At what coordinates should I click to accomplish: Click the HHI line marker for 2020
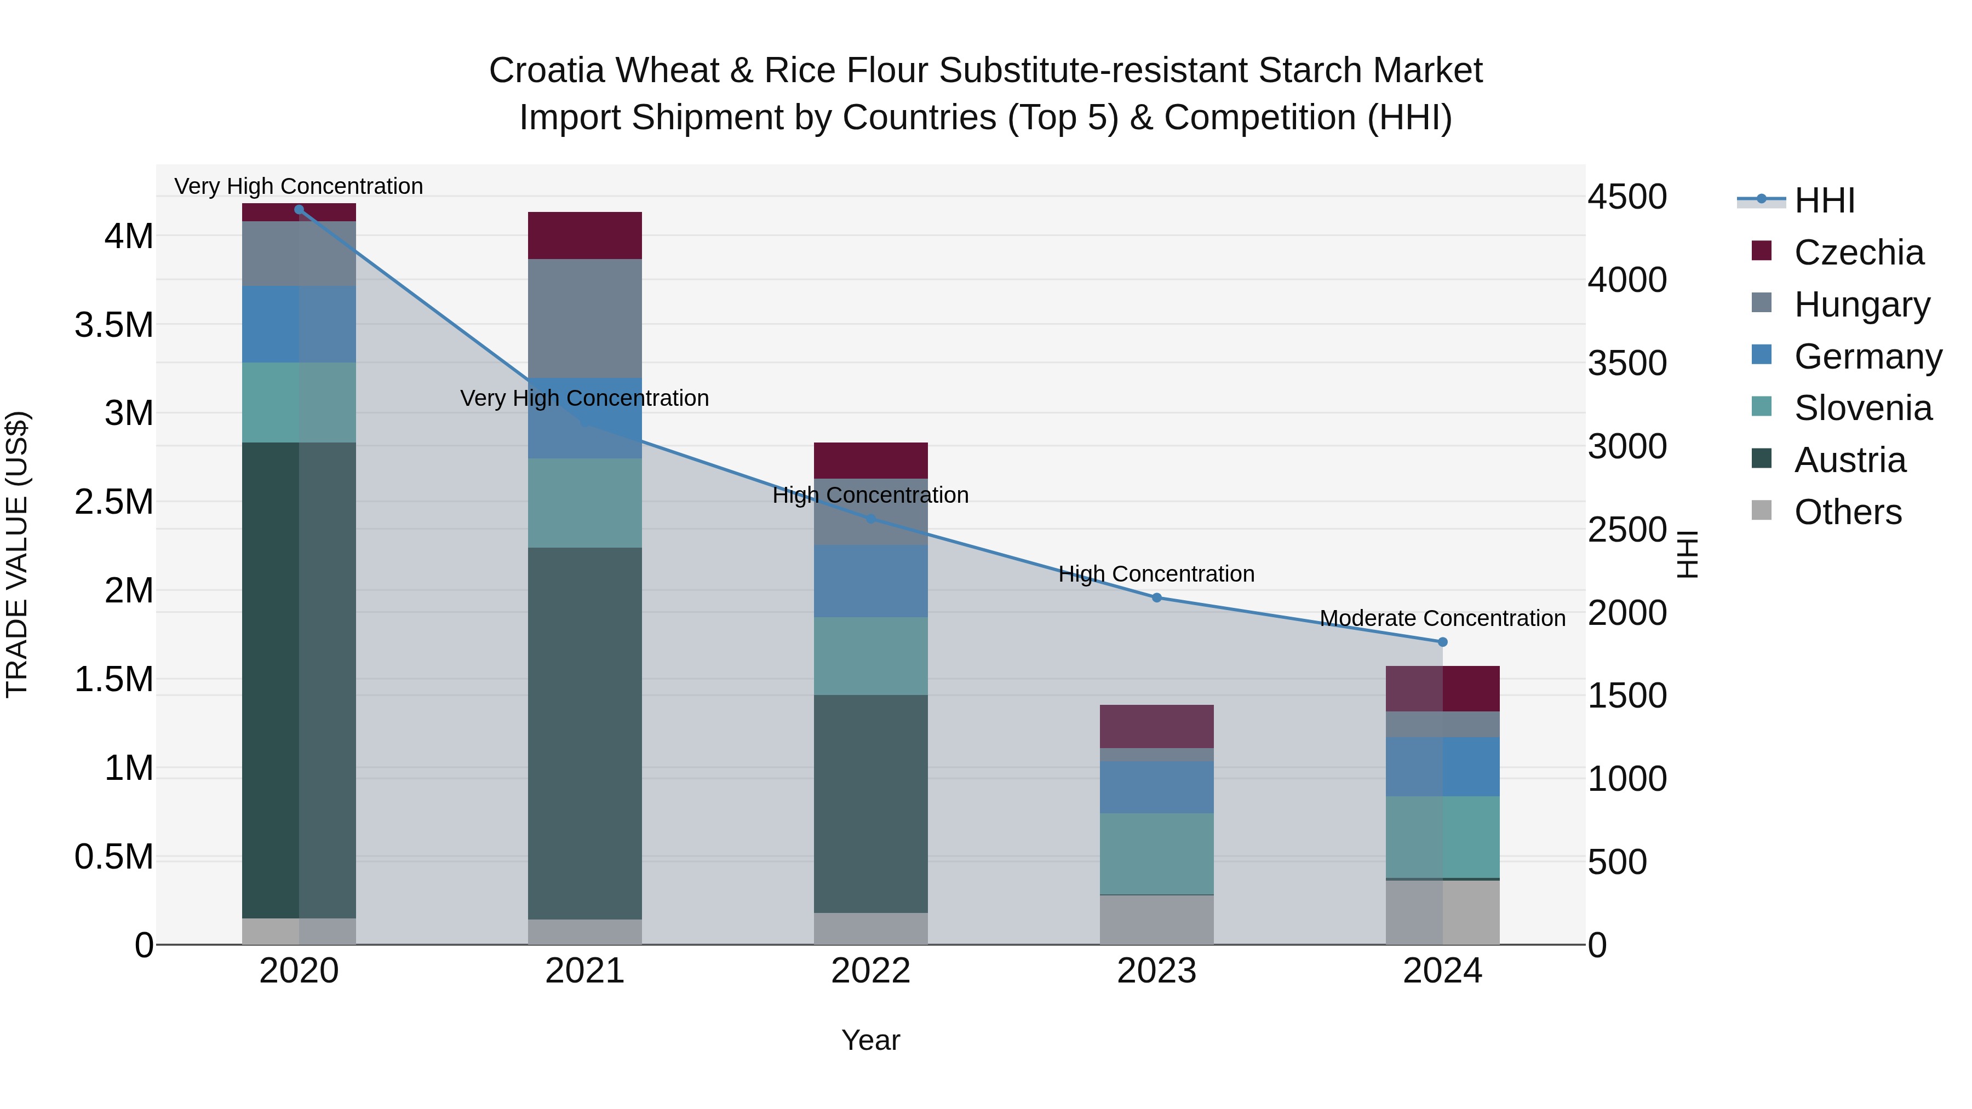[x=299, y=210]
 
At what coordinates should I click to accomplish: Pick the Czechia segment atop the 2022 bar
[x=870, y=461]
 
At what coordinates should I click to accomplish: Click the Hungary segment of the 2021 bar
[x=585, y=318]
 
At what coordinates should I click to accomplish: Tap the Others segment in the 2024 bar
[x=1443, y=912]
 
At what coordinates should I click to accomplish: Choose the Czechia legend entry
[x=1858, y=252]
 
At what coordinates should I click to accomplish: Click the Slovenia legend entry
[x=1862, y=408]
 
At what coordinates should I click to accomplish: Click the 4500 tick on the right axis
[x=1627, y=197]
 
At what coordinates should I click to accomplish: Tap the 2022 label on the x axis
[x=870, y=971]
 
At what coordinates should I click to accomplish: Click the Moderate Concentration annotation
[x=1442, y=618]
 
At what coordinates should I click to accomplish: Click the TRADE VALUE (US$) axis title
[x=17, y=554]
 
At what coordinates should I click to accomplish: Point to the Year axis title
[x=870, y=1040]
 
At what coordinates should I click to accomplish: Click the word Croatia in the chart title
[x=549, y=71]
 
